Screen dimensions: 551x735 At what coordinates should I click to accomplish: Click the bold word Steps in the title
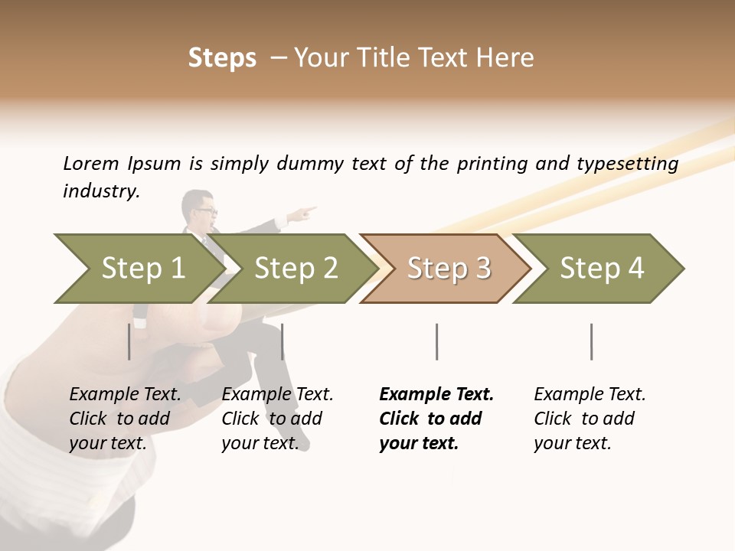pos(222,58)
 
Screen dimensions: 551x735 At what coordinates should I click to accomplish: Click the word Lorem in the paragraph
pos(90,163)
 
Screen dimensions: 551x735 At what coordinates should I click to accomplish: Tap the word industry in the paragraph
pos(100,191)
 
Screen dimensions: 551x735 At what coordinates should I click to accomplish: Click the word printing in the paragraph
pos(492,164)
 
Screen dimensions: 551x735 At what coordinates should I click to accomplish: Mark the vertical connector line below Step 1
pos(129,341)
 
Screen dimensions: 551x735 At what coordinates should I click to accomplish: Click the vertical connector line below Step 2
pos(283,341)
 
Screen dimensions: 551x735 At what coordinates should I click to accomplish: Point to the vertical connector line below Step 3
pos(437,341)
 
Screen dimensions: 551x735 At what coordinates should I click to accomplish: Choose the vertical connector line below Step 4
pos(591,341)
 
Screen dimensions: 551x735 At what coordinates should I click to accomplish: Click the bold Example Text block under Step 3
pos(436,419)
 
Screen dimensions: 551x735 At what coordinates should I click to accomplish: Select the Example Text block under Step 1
pos(125,419)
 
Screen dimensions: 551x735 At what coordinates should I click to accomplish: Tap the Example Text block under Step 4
pos(590,419)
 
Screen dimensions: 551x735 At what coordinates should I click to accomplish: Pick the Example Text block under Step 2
pos(277,419)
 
